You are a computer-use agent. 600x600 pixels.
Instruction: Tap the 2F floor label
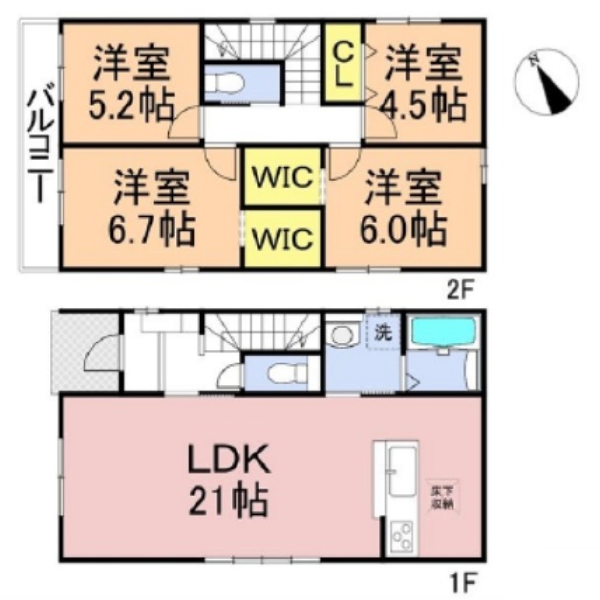(460, 288)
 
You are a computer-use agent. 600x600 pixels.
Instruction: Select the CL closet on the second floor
(343, 64)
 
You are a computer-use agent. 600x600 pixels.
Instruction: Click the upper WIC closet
(281, 177)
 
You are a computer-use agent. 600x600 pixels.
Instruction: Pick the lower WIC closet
(281, 238)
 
